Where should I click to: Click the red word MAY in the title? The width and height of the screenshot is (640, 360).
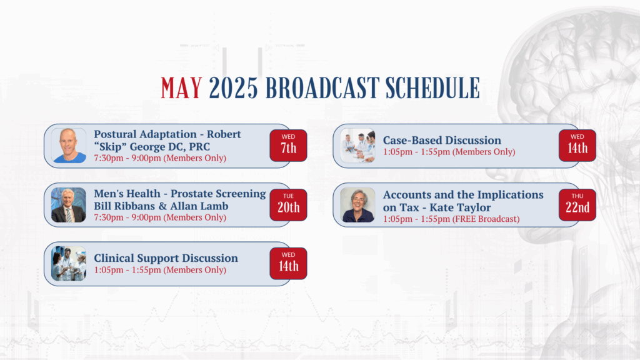tap(181, 88)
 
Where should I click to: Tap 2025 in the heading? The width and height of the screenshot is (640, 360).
tap(233, 88)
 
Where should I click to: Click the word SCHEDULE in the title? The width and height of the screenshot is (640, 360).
tap(432, 88)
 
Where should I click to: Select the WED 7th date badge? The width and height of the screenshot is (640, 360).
tap(288, 145)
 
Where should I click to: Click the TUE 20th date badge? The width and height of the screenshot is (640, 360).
tap(288, 204)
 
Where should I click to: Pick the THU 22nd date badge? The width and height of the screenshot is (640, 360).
tap(577, 204)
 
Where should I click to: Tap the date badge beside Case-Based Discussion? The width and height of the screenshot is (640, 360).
tap(577, 145)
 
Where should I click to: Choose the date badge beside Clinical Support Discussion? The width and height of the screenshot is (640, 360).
tap(288, 263)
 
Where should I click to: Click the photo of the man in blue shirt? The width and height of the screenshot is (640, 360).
tap(69, 146)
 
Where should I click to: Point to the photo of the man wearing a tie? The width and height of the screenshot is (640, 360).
tap(69, 205)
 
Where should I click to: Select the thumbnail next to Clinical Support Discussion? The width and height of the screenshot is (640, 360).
tap(69, 263)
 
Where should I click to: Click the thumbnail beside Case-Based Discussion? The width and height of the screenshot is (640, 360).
tap(357, 146)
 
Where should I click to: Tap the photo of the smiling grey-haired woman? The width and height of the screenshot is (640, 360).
tap(357, 205)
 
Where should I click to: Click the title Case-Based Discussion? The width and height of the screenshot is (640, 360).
tap(442, 140)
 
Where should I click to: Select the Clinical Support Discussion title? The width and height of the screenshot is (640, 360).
tap(166, 258)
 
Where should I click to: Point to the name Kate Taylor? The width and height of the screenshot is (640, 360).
tap(460, 207)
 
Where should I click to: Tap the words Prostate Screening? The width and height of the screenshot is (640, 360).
tap(218, 194)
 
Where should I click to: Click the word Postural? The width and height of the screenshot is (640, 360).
tap(117, 134)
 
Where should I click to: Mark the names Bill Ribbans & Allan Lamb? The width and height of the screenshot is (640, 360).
tap(161, 206)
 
